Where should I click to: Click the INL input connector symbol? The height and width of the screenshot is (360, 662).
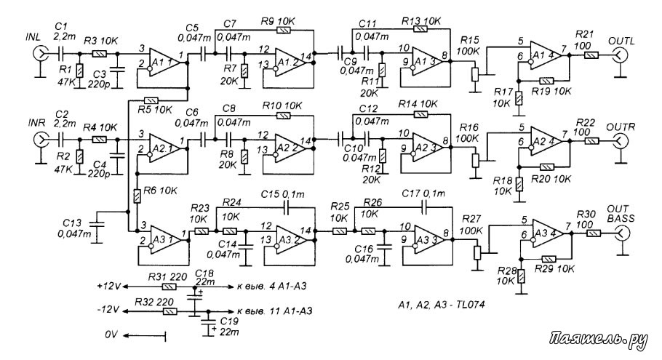[x=40, y=54]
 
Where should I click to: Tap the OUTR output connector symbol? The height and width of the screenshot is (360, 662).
[x=621, y=140]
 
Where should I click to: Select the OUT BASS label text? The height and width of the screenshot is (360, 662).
[x=618, y=214]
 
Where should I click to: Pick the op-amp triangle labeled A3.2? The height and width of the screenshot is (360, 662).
[x=293, y=239]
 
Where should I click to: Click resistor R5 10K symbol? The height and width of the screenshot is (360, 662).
[x=151, y=100]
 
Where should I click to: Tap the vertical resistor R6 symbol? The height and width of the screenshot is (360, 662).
[x=137, y=196]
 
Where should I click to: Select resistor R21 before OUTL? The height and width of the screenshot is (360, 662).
[x=591, y=55]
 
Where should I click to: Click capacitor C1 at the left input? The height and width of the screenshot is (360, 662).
[x=61, y=54]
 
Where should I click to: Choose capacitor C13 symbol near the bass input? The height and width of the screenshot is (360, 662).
[x=97, y=224]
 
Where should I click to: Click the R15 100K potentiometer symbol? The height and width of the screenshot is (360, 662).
[x=475, y=75]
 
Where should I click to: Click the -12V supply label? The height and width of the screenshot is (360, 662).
[x=108, y=311]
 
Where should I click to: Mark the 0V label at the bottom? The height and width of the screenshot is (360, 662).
[x=111, y=335]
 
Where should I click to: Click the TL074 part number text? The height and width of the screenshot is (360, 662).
[x=470, y=304]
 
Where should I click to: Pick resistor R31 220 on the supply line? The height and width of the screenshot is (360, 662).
[x=170, y=287]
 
